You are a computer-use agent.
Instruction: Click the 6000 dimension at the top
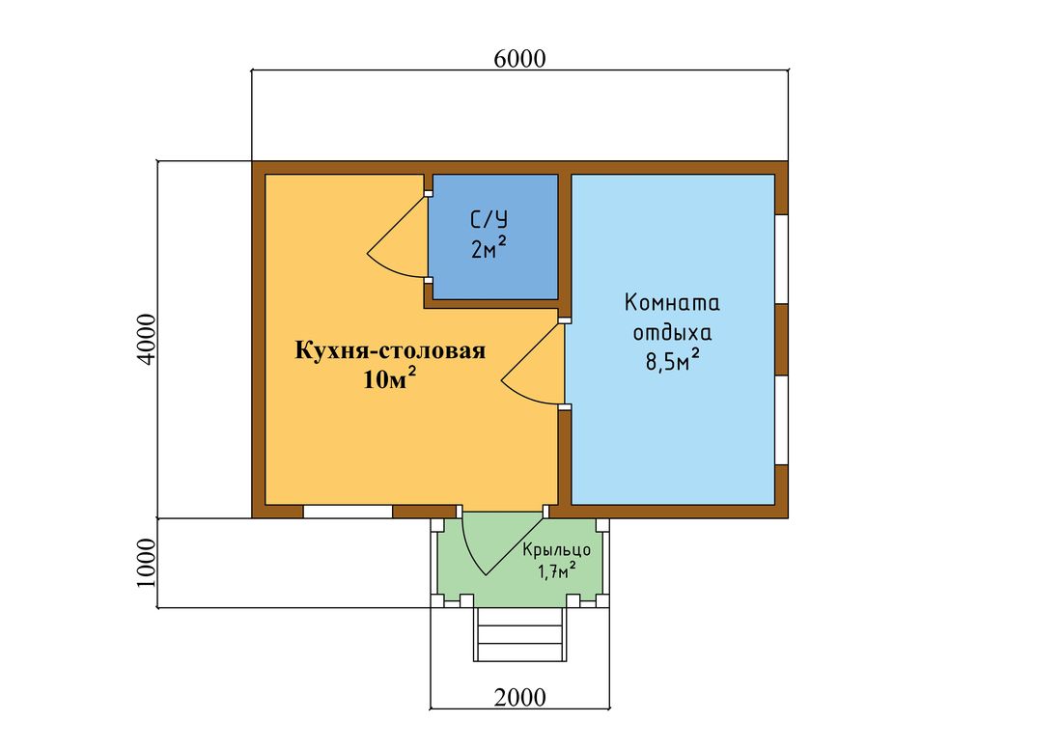tap(519, 59)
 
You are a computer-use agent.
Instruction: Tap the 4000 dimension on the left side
tap(147, 340)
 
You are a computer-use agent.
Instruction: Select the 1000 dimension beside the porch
tap(147, 563)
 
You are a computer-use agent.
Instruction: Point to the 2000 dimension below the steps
tap(519, 697)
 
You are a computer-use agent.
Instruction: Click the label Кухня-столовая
tap(390, 350)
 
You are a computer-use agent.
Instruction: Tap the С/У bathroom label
tap(489, 219)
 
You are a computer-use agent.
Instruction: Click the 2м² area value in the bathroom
tap(489, 248)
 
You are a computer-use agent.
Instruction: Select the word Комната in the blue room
tap(672, 302)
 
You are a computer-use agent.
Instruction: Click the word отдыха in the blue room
tap(672, 333)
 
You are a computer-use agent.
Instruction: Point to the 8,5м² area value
tap(672, 361)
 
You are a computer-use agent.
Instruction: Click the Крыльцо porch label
tap(557, 549)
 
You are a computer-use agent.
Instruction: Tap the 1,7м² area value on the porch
tap(557, 571)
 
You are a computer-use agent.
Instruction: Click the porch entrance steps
tap(519, 634)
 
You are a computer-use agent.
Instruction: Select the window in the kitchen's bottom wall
tap(348, 512)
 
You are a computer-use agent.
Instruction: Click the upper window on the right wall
tap(782, 260)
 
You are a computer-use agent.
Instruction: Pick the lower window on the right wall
tap(782, 420)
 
